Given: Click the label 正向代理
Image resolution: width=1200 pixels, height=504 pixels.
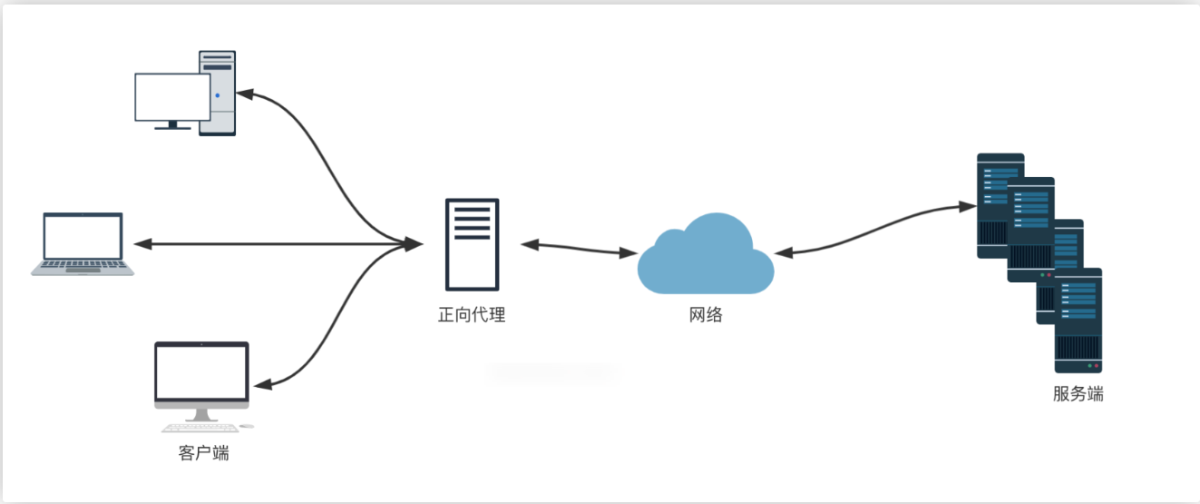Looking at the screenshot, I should tap(471, 315).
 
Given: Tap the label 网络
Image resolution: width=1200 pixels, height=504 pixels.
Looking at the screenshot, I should tap(706, 315).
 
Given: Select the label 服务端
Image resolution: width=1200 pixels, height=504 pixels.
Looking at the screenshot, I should tap(1078, 394).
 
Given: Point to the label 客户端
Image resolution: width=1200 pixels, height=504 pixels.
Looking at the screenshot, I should tap(203, 452).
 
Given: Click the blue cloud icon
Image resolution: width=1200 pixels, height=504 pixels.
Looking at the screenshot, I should tap(705, 255).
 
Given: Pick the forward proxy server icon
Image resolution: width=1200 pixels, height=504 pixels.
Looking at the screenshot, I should tap(472, 243).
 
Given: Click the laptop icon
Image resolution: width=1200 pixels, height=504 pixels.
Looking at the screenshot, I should tap(83, 243).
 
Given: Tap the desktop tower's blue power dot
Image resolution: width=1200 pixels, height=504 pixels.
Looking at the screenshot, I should tap(218, 95).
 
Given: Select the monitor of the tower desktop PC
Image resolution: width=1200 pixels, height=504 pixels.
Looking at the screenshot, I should tap(171, 96).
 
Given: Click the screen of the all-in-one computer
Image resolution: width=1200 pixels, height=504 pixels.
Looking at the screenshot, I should tap(201, 373).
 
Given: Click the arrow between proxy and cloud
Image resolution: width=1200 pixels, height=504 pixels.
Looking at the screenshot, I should tap(579, 248).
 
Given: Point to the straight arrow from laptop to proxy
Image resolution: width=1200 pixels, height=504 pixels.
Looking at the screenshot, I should tap(272, 243).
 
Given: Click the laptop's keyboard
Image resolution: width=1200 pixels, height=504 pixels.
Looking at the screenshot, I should tap(83, 267).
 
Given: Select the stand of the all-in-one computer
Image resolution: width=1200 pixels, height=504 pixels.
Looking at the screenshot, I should tap(200, 414).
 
